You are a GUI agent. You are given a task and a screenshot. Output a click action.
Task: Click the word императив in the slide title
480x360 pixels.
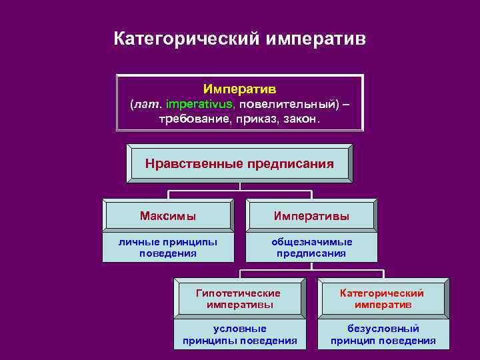pyautogui.click(x=315, y=39)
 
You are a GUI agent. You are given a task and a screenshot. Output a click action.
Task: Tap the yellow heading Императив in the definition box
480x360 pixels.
pyautogui.click(x=239, y=89)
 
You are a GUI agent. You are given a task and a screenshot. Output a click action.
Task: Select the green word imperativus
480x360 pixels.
pyautogui.click(x=200, y=104)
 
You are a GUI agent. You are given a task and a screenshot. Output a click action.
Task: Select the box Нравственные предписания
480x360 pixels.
pyautogui.click(x=239, y=163)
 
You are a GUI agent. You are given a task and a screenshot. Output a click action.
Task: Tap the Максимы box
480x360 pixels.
pyautogui.click(x=168, y=216)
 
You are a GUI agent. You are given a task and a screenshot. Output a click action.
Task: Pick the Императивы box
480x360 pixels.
pyautogui.click(x=311, y=216)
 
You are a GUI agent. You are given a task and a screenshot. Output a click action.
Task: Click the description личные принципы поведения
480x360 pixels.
pyautogui.click(x=168, y=247)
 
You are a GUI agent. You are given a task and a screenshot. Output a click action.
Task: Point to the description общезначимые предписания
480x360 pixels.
pyautogui.click(x=311, y=247)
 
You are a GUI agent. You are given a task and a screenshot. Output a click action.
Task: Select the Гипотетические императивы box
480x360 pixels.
pyautogui.click(x=239, y=299)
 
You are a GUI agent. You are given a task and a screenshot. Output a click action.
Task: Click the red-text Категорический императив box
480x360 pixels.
pyautogui.click(x=383, y=299)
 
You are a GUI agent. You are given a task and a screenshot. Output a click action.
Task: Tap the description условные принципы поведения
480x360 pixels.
pyautogui.click(x=239, y=335)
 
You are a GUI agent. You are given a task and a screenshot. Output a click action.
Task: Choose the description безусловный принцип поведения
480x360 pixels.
pyautogui.click(x=383, y=335)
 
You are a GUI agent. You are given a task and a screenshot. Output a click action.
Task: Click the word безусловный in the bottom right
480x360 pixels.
pyautogui.click(x=383, y=329)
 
